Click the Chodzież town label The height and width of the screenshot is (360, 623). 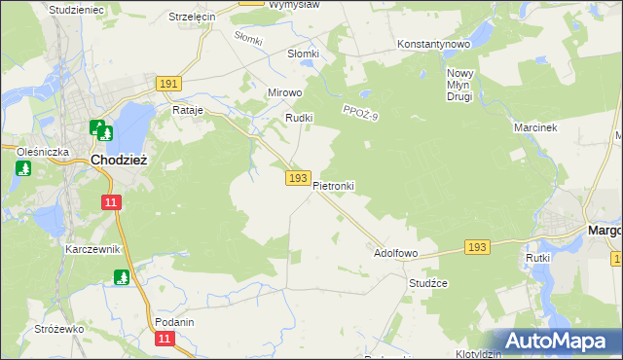118,160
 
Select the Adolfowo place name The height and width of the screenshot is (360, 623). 396,253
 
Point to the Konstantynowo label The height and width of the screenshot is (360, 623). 434,45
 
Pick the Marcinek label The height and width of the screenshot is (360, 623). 533,127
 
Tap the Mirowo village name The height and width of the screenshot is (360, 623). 285,93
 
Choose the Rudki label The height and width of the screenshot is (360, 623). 297,118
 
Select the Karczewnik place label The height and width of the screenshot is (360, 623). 92,249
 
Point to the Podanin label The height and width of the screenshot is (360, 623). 174,322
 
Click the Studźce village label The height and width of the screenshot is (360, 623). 427,283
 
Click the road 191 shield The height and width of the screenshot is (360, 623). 167,85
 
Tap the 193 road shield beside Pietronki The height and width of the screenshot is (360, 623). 299,179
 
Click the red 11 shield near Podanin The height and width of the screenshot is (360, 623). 165,338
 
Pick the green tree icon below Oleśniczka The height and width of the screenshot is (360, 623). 23,168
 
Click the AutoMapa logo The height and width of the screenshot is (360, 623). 559,342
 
